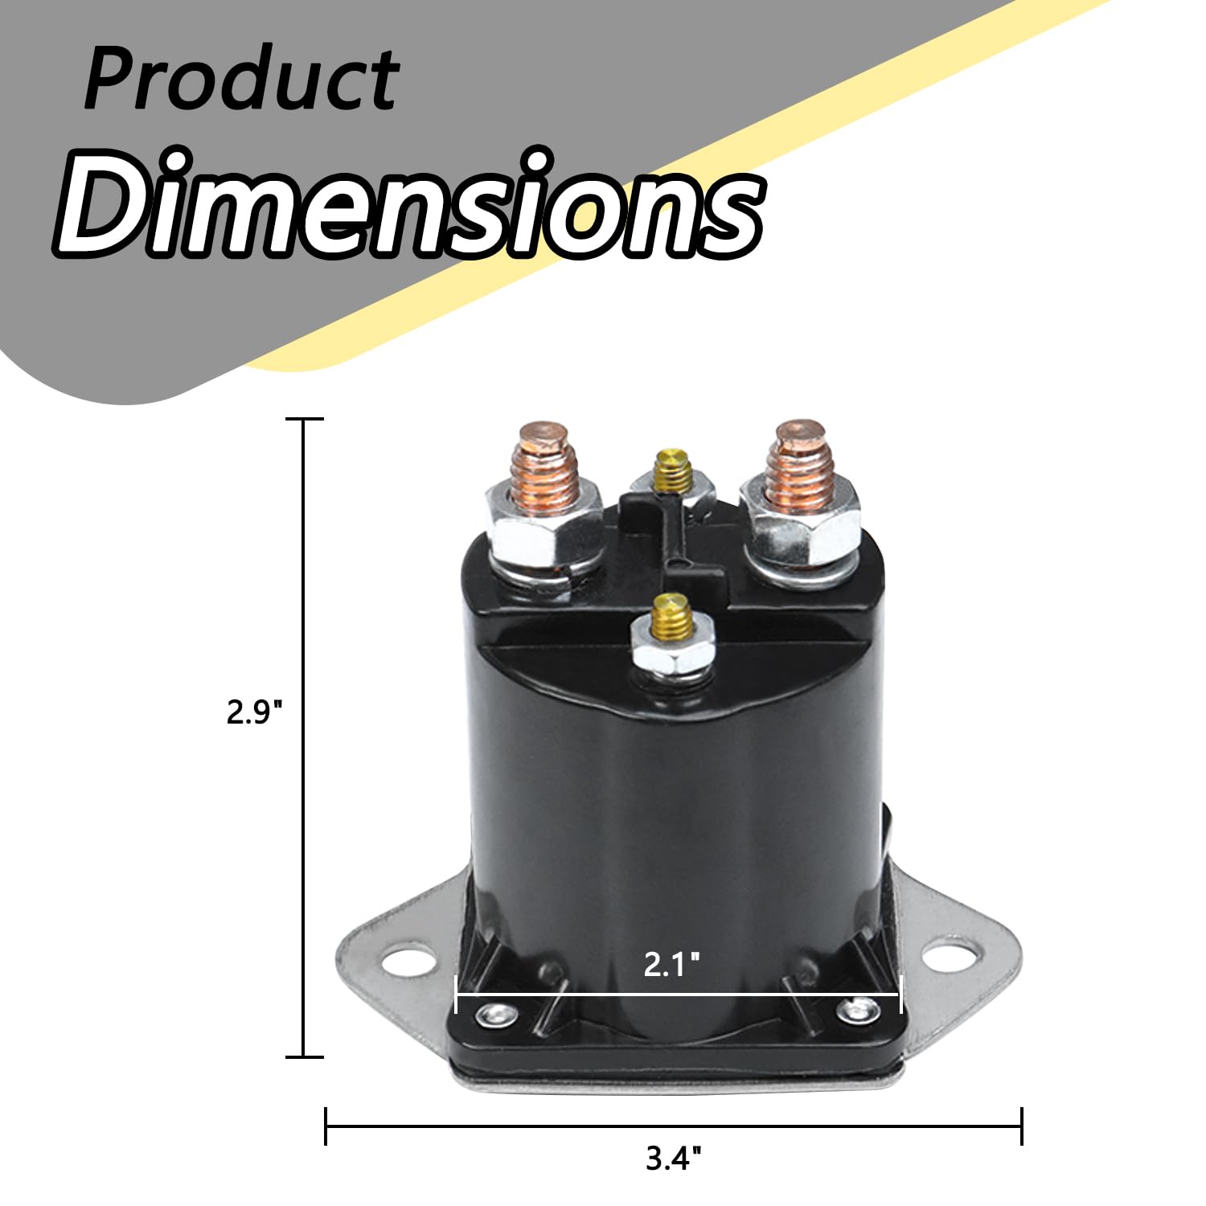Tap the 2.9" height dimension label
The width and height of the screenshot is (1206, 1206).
pyautogui.click(x=255, y=712)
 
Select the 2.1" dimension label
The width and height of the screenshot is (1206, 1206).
pyautogui.click(x=671, y=964)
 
